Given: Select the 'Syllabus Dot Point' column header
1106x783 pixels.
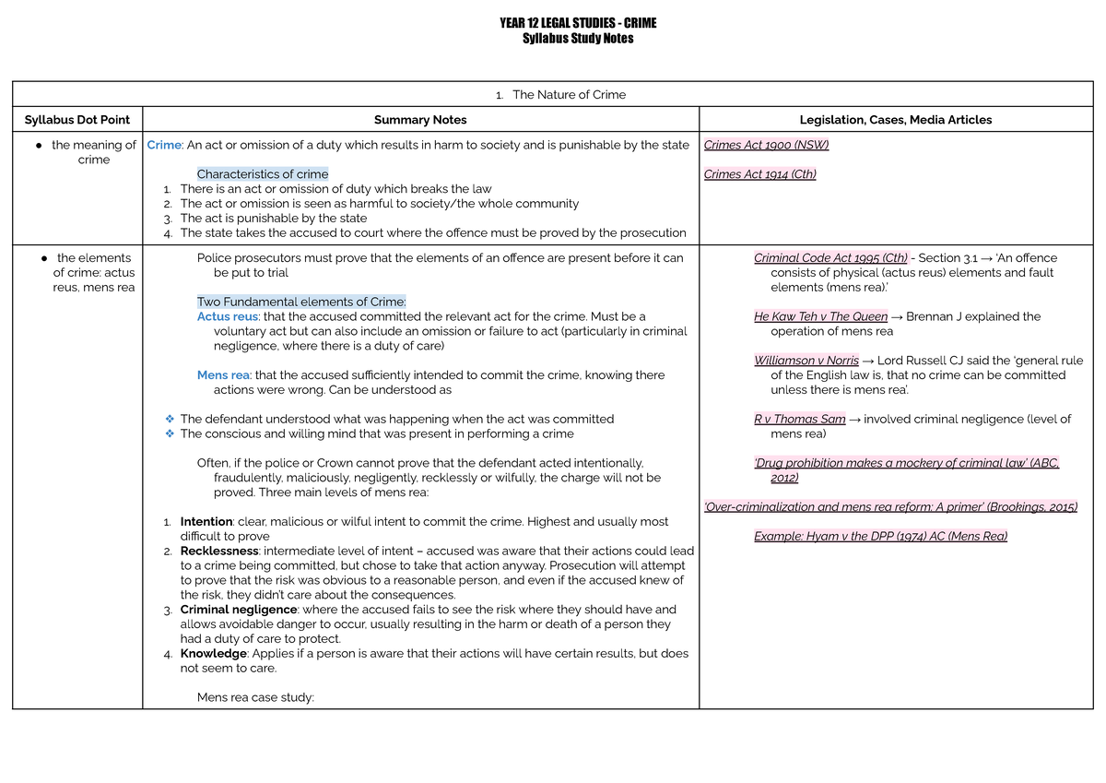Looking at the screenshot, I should pyautogui.click(x=77, y=120).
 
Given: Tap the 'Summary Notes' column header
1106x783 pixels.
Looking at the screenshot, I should pyautogui.click(x=420, y=120).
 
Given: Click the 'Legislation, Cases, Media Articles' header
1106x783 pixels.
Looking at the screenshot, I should pyautogui.click(x=896, y=120).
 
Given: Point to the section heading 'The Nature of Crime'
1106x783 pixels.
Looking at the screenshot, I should pyautogui.click(x=569, y=95).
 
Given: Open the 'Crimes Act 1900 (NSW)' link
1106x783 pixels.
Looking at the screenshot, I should pyautogui.click(x=759, y=145).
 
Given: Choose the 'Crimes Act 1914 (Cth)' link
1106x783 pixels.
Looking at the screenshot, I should pyautogui.click(x=759, y=174).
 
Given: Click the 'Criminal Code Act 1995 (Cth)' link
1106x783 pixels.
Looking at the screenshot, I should pyautogui.click(x=830, y=258).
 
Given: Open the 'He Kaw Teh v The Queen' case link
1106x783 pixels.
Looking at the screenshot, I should pyautogui.click(x=820, y=316).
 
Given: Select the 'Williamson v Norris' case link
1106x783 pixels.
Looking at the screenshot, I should pyautogui.click(x=806, y=361).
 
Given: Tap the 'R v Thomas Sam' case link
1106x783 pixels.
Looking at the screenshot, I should pyautogui.click(x=799, y=420).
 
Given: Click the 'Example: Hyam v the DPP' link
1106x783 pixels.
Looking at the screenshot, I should pyautogui.click(x=880, y=537).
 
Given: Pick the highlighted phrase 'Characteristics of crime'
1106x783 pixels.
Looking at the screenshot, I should pyautogui.click(x=263, y=174).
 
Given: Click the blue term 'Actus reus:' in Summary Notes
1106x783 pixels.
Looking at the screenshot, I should pyautogui.click(x=229, y=316).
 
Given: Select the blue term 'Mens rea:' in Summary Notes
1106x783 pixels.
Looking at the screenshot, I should pyautogui.click(x=224, y=375).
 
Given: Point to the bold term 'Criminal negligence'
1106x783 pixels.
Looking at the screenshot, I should pyautogui.click(x=239, y=610).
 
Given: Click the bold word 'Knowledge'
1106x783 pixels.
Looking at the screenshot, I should pyautogui.click(x=213, y=654).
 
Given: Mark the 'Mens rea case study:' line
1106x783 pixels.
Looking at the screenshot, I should pyautogui.click(x=255, y=698).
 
